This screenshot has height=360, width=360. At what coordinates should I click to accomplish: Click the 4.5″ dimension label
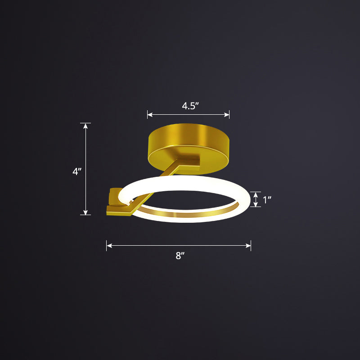point(190,106)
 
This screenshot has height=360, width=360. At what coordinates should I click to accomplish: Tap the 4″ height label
point(76,171)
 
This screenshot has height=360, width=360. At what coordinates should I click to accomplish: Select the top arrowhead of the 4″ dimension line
point(85,126)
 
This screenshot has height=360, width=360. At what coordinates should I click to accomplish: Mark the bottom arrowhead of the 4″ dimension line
point(85,212)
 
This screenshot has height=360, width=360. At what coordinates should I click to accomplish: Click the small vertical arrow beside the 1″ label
point(256,199)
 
